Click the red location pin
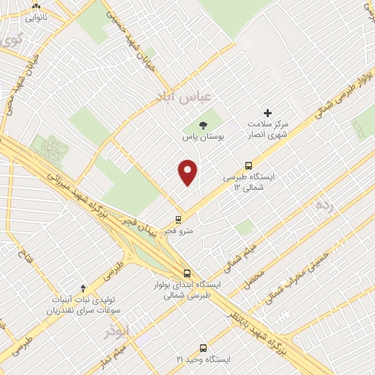tap(188, 171)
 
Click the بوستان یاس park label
tap(203, 136)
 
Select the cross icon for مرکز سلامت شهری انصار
tap(267, 113)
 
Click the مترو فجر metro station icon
tap(178, 219)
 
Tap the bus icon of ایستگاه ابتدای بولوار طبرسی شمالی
tap(187, 272)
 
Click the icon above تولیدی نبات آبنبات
tap(83, 288)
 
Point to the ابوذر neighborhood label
tap(118, 330)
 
